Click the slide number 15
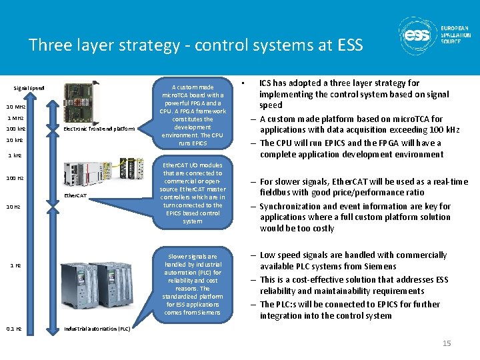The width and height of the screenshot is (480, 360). coord(447,343)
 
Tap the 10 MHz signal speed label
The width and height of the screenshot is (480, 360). coord(16,107)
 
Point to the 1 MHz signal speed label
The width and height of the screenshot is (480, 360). coord(15,117)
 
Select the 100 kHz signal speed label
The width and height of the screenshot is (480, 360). coord(16,128)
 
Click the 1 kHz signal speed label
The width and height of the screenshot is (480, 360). coord(15,155)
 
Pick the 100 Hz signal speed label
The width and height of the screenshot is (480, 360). coord(15,178)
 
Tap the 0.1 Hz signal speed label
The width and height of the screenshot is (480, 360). coord(14,329)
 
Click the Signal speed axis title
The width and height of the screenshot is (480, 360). coord(29,88)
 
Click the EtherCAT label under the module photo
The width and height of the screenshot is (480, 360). coord(75,195)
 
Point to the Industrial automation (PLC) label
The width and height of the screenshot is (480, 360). coord(97,329)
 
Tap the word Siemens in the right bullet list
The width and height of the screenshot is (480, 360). coord(377,266)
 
